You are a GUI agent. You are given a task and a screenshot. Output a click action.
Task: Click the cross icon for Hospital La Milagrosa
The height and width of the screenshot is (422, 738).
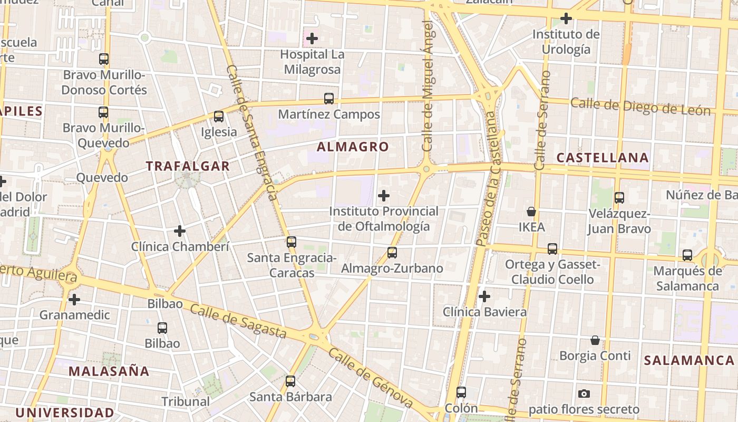coord(312,39)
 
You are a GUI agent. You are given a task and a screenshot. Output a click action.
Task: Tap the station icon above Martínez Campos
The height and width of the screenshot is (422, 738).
coord(329,99)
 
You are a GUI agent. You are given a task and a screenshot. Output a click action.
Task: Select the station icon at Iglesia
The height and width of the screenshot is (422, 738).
coord(219,117)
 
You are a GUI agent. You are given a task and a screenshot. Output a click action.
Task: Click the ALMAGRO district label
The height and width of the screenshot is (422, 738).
coord(353,147)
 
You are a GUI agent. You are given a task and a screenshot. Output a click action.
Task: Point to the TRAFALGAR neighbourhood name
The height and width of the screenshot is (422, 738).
coord(188,166)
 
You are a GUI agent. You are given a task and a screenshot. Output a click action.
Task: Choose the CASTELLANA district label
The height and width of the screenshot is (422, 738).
coord(603,158)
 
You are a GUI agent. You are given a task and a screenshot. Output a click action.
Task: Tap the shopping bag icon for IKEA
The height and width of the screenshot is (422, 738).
coord(531,212)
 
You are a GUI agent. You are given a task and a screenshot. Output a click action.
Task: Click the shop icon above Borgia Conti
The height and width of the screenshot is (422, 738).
coord(595,340)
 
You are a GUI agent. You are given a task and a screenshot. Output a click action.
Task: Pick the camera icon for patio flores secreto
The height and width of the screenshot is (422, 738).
coord(584,394)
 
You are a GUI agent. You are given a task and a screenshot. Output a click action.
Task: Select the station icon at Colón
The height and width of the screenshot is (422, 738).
coord(461,392)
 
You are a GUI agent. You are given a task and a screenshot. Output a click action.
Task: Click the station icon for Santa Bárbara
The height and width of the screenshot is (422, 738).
coord(290,381)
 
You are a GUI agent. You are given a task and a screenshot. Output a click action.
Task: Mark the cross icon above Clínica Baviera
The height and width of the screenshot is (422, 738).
coord(484,296)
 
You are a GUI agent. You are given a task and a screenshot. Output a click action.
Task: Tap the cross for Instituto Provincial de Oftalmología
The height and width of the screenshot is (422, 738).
coord(384,196)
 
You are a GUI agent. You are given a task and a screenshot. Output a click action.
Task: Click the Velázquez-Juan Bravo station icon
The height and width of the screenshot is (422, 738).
coord(619,198)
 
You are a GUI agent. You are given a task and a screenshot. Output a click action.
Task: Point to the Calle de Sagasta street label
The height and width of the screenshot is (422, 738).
coord(238,321)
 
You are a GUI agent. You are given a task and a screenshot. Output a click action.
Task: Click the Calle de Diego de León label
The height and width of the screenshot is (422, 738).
coord(640,107)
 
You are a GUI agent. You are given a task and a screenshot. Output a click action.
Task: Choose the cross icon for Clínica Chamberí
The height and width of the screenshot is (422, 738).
coord(180,231)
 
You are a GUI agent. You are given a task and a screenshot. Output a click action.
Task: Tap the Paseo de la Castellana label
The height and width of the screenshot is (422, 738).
coord(487,179)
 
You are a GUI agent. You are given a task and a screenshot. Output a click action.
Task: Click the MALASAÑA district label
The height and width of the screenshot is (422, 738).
coord(109,371)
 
